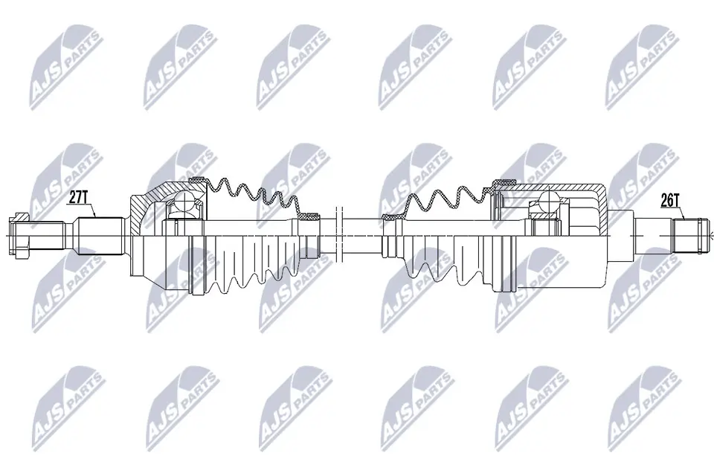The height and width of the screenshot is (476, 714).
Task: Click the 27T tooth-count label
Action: click(78, 197)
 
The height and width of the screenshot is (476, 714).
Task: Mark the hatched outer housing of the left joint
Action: click(145, 205)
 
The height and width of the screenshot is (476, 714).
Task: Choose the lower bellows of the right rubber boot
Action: click(439, 271)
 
